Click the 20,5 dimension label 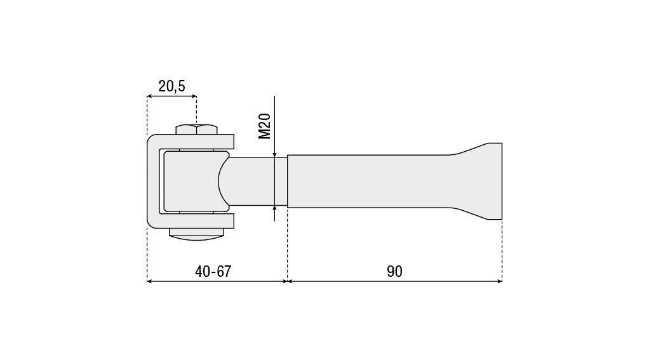point(171,86)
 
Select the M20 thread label point(264,126)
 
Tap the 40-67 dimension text point(213,272)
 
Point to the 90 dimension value point(394,272)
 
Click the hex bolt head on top point(197,129)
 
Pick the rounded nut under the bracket point(197,234)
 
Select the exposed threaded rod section point(257,181)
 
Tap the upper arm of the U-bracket point(194,142)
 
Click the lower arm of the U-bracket point(194,221)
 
